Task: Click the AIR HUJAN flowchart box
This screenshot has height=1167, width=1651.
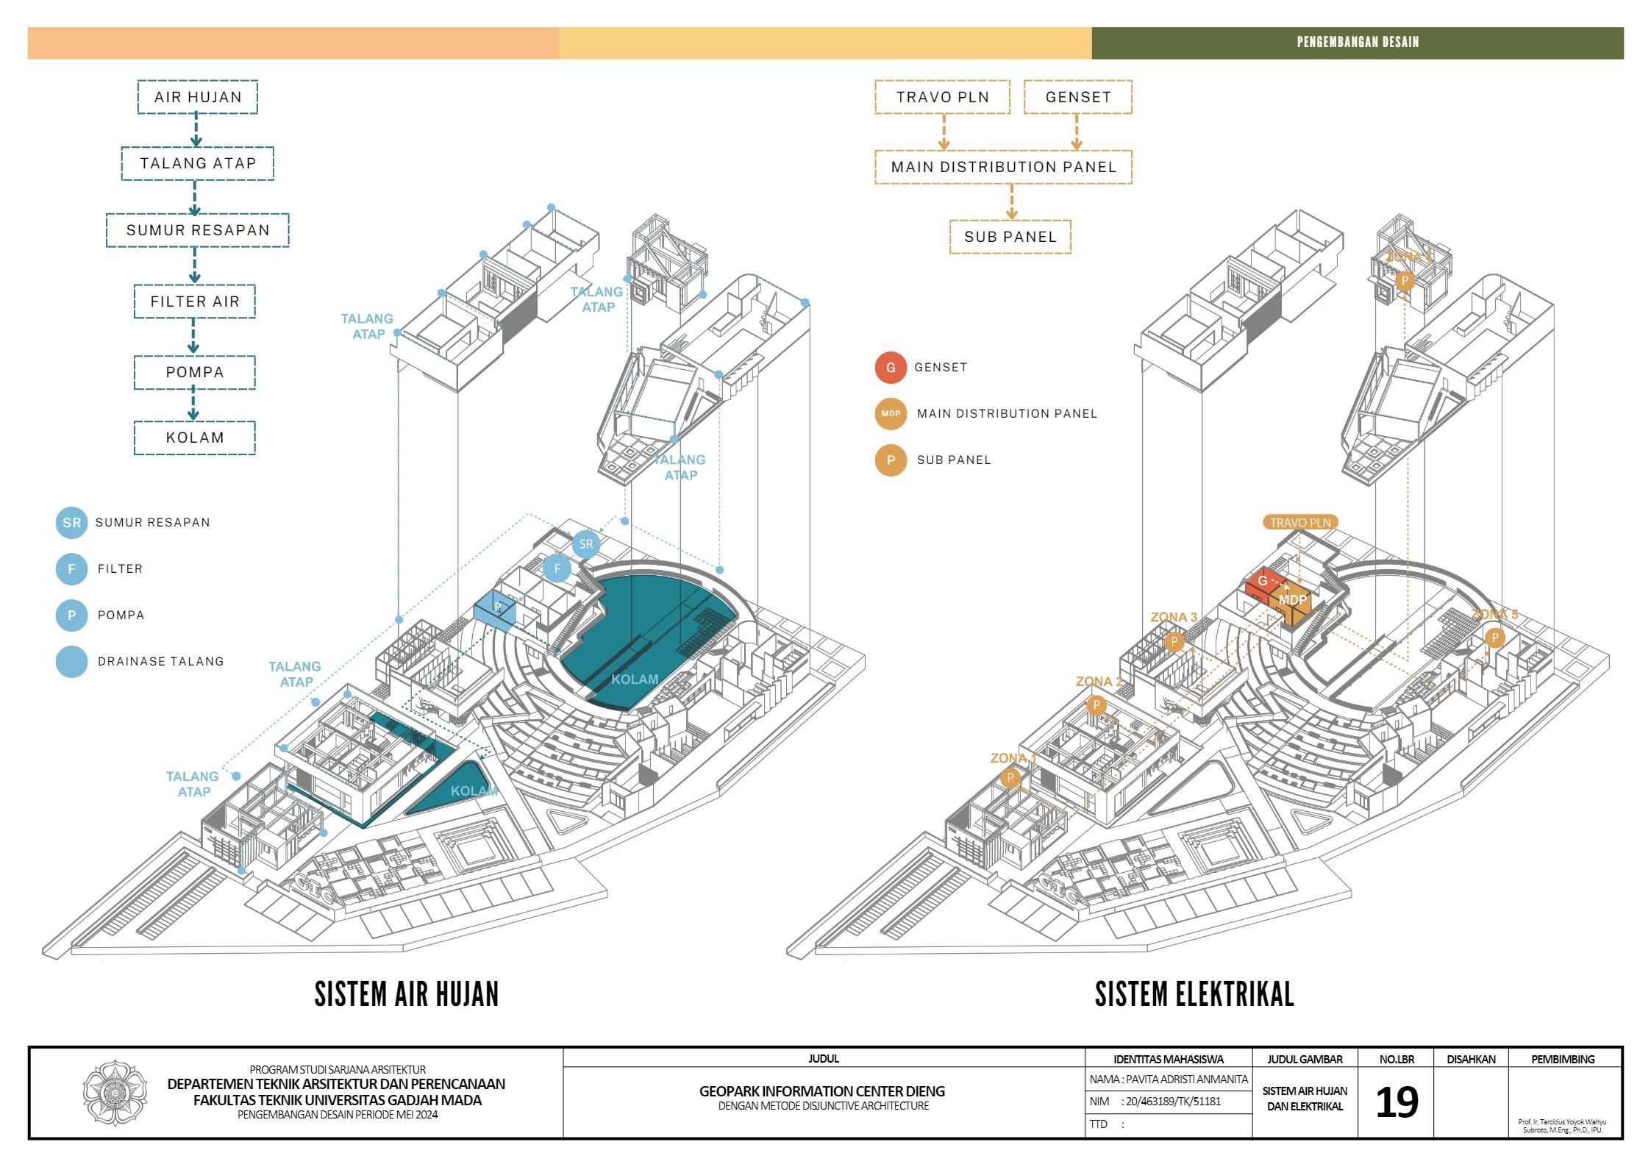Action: pos(197,97)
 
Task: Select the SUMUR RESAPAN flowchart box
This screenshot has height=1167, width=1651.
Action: pos(197,230)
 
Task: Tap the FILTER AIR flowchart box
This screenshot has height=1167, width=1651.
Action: pos(194,301)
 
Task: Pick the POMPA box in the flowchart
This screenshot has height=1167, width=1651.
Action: pos(194,372)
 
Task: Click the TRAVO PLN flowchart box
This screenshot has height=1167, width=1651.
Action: pos(942,97)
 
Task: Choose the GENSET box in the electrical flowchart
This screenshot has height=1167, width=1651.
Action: pos(1077,97)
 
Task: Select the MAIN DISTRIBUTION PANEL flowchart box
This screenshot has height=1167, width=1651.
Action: pos(1003,167)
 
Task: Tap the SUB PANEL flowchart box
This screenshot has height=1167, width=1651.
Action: pos(1010,237)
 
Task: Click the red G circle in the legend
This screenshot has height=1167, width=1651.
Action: pos(891,368)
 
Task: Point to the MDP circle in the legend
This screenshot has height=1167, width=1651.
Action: pos(891,414)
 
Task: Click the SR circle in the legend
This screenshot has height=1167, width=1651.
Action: pos(71,523)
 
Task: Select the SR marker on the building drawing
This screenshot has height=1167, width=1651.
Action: pos(585,544)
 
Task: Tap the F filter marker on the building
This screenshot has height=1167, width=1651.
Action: pos(557,568)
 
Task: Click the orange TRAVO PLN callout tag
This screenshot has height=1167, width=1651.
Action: pos(1300,523)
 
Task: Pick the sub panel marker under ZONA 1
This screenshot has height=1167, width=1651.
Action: pos(1010,778)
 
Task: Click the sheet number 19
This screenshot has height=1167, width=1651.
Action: pos(1396,1102)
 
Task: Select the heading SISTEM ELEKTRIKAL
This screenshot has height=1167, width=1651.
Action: pos(1194,994)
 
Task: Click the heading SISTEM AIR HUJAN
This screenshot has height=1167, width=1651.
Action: pos(407,994)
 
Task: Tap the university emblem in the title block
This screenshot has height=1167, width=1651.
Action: pos(115,1093)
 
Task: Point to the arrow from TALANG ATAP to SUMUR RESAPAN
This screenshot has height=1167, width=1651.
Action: pos(195,198)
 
